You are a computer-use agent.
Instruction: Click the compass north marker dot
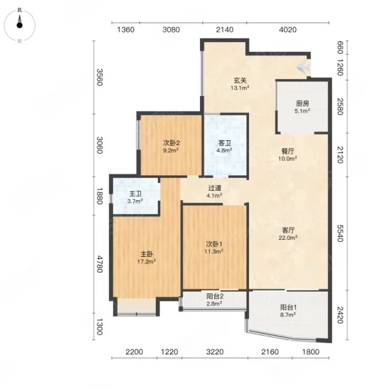pos(20,26)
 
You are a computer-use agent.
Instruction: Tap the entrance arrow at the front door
pos(304,67)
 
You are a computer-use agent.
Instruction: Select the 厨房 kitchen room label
pos(302,107)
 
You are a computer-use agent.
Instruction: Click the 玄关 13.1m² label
pos(240,84)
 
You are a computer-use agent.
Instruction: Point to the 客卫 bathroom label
pos(224,147)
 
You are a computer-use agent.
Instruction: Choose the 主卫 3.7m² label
pos(135,197)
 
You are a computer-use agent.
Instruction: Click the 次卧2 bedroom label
pos(171,147)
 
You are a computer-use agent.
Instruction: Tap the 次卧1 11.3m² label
pos(214,248)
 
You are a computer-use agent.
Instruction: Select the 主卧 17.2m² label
pos(147,258)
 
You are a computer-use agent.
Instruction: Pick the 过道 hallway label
pos(214,191)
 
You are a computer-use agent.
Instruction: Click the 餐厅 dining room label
pos(287,154)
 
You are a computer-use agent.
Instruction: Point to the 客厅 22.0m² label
pos(288,234)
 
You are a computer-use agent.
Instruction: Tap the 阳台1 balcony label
pos(288,311)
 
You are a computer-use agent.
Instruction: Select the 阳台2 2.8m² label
pos(215,300)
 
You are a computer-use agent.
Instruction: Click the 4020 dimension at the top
pos(287,30)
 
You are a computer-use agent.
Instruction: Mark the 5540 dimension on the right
pos(340,233)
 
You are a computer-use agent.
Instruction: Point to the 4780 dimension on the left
pos(100,264)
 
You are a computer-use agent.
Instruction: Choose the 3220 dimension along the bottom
pos(215,352)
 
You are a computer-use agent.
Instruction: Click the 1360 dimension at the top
pos(126,30)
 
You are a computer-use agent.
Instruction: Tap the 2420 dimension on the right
pos(340,315)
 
